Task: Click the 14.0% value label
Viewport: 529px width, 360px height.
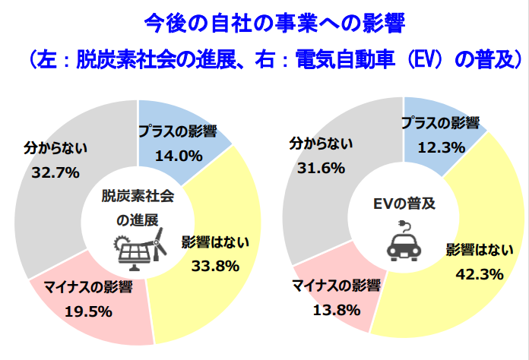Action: [177, 156]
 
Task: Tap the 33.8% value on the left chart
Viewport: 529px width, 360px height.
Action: [214, 266]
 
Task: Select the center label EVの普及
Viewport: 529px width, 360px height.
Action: [404, 204]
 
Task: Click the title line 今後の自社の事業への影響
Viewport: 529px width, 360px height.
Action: [264, 24]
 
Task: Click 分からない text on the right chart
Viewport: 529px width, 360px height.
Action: [320, 144]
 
